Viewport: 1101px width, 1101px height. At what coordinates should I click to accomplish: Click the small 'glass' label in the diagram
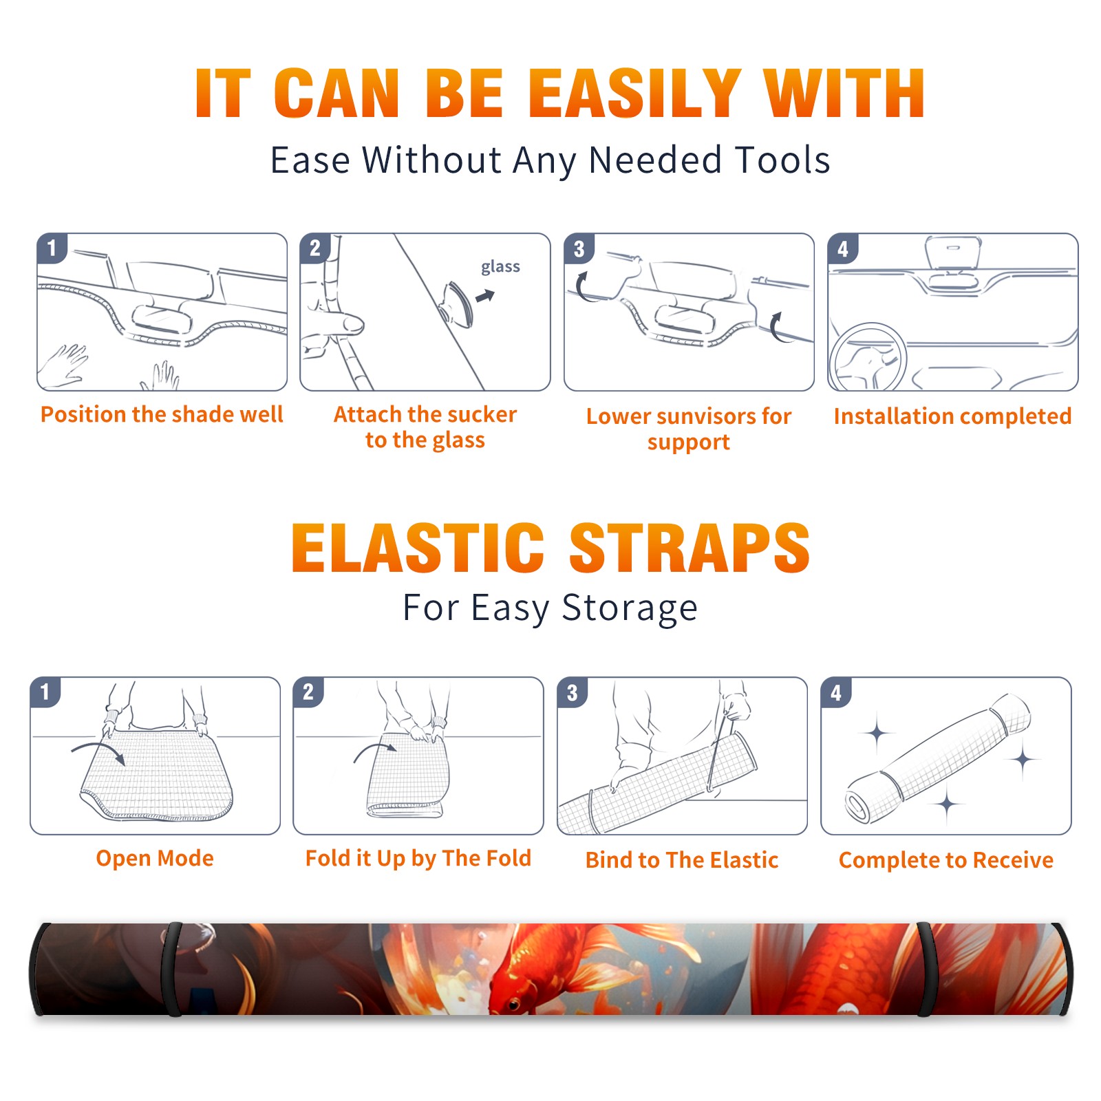(500, 267)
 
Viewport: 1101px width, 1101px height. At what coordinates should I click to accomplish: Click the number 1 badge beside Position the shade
(52, 248)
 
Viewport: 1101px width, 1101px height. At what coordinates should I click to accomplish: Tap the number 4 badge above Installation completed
(843, 248)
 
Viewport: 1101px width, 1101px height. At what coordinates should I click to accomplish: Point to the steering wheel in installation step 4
(868, 358)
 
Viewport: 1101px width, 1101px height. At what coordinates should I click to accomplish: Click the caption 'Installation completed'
(952, 416)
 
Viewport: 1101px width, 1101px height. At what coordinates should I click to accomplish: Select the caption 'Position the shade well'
(162, 414)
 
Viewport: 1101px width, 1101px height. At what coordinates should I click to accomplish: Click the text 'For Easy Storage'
(550, 608)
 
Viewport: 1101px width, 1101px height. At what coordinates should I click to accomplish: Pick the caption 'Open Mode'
(155, 858)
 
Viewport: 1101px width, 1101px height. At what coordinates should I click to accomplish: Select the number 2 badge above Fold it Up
(308, 692)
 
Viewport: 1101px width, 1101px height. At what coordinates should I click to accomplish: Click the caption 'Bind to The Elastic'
(682, 860)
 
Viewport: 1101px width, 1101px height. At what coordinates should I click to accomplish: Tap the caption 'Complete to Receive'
(946, 860)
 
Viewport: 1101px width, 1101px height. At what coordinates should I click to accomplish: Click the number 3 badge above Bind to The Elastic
(573, 692)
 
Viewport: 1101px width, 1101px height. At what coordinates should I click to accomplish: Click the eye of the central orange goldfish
(514, 1005)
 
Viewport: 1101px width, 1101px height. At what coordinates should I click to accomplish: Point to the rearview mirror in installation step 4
(953, 253)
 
